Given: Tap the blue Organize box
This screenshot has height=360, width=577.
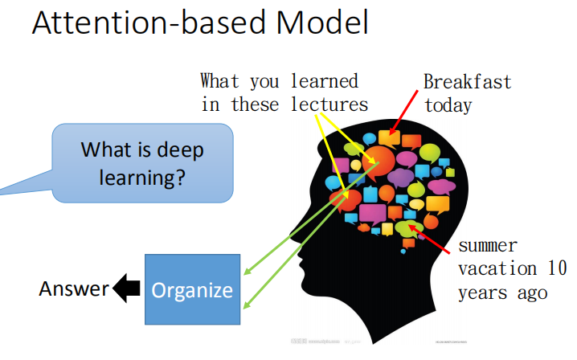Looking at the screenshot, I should point(193,290).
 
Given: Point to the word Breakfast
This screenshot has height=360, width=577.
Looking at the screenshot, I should point(467,82).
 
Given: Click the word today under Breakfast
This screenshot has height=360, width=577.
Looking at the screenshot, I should point(448,105).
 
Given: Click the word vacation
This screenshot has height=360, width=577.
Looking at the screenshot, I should point(498,268).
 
